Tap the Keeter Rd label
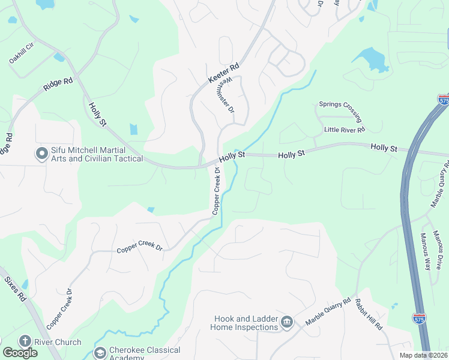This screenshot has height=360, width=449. [x=223, y=73]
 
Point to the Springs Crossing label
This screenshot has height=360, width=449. [x=340, y=108]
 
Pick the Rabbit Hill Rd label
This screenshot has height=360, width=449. [x=368, y=314]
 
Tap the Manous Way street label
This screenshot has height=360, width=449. [x=427, y=252]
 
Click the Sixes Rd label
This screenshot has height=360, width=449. [x=16, y=289]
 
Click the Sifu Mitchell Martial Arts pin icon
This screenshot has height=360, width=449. [x=42, y=154]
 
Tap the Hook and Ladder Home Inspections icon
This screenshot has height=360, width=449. [x=287, y=323]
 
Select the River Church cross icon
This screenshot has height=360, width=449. [x=25, y=341]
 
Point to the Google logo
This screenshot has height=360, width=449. [x=20, y=353]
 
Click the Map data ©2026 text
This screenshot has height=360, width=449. [x=424, y=355]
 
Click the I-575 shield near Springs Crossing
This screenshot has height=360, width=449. [x=444, y=100]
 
